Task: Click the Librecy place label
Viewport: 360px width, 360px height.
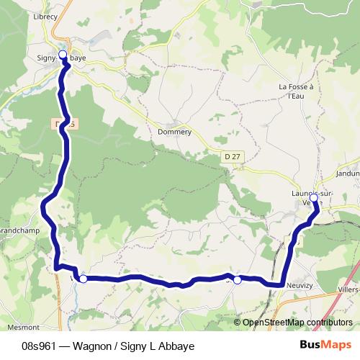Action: pyautogui.click(x=44, y=15)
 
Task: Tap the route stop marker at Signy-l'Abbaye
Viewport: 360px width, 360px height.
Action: pyautogui.click(x=63, y=54)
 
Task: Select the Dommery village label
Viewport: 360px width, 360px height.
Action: pyautogui.click(x=174, y=132)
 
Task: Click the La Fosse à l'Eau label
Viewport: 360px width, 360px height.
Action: pyautogui.click(x=297, y=91)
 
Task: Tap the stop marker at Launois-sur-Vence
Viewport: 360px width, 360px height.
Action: pyautogui.click(x=314, y=197)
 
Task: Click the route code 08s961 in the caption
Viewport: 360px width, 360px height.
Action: pyautogui.click(x=40, y=346)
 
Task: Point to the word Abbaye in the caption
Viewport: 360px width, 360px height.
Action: pyautogui.click(x=178, y=346)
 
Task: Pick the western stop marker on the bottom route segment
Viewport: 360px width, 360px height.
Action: pyautogui.click(x=84, y=279)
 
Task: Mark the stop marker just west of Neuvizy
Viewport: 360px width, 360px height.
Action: pyautogui.click(x=237, y=279)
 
